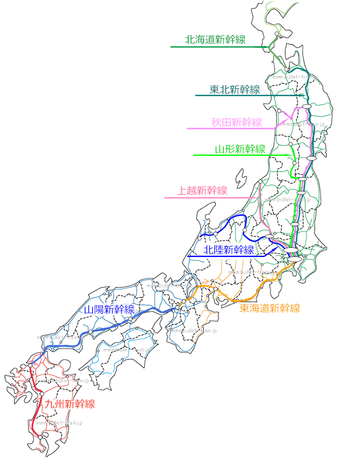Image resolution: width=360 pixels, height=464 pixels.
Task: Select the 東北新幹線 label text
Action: tap(235, 89)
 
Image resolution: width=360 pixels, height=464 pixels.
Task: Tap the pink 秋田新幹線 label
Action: tap(237, 123)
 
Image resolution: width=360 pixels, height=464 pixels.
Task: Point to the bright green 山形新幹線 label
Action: tap(240, 149)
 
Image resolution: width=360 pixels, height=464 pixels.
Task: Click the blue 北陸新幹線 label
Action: tap(228, 250)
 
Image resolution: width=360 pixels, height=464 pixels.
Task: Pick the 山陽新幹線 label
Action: tap(109, 309)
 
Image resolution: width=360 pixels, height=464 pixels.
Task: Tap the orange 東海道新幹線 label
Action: tap(270, 308)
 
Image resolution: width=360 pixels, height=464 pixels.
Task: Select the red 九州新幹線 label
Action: tap(70, 404)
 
